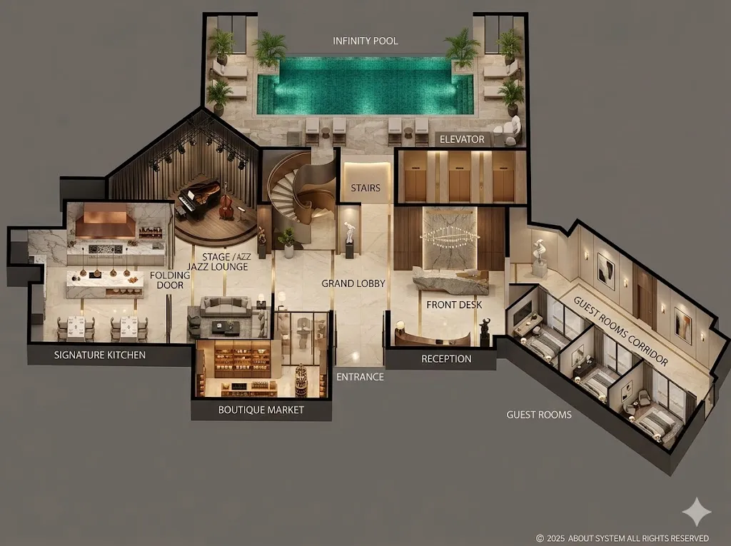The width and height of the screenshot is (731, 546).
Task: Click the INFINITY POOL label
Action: click(365, 41)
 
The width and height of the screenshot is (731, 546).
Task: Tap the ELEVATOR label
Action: click(462, 139)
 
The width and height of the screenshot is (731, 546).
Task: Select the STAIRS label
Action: click(365, 188)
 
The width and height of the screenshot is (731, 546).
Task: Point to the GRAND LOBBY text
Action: click(353, 283)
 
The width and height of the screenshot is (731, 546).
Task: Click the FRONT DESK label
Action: click(454, 305)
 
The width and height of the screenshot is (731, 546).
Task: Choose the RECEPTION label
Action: click(446, 359)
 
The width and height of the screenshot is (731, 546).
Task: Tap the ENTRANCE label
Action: click(360, 377)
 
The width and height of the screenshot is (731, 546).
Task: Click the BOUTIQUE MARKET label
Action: click(261, 410)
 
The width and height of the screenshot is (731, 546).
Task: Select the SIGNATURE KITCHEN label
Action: click(100, 355)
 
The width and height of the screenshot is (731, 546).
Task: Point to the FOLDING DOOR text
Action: click(170, 280)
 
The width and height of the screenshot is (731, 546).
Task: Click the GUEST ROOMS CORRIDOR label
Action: click(620, 330)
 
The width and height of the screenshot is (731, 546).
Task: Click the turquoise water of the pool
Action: click(365, 86)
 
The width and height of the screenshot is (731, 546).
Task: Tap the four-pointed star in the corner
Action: click(697, 512)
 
